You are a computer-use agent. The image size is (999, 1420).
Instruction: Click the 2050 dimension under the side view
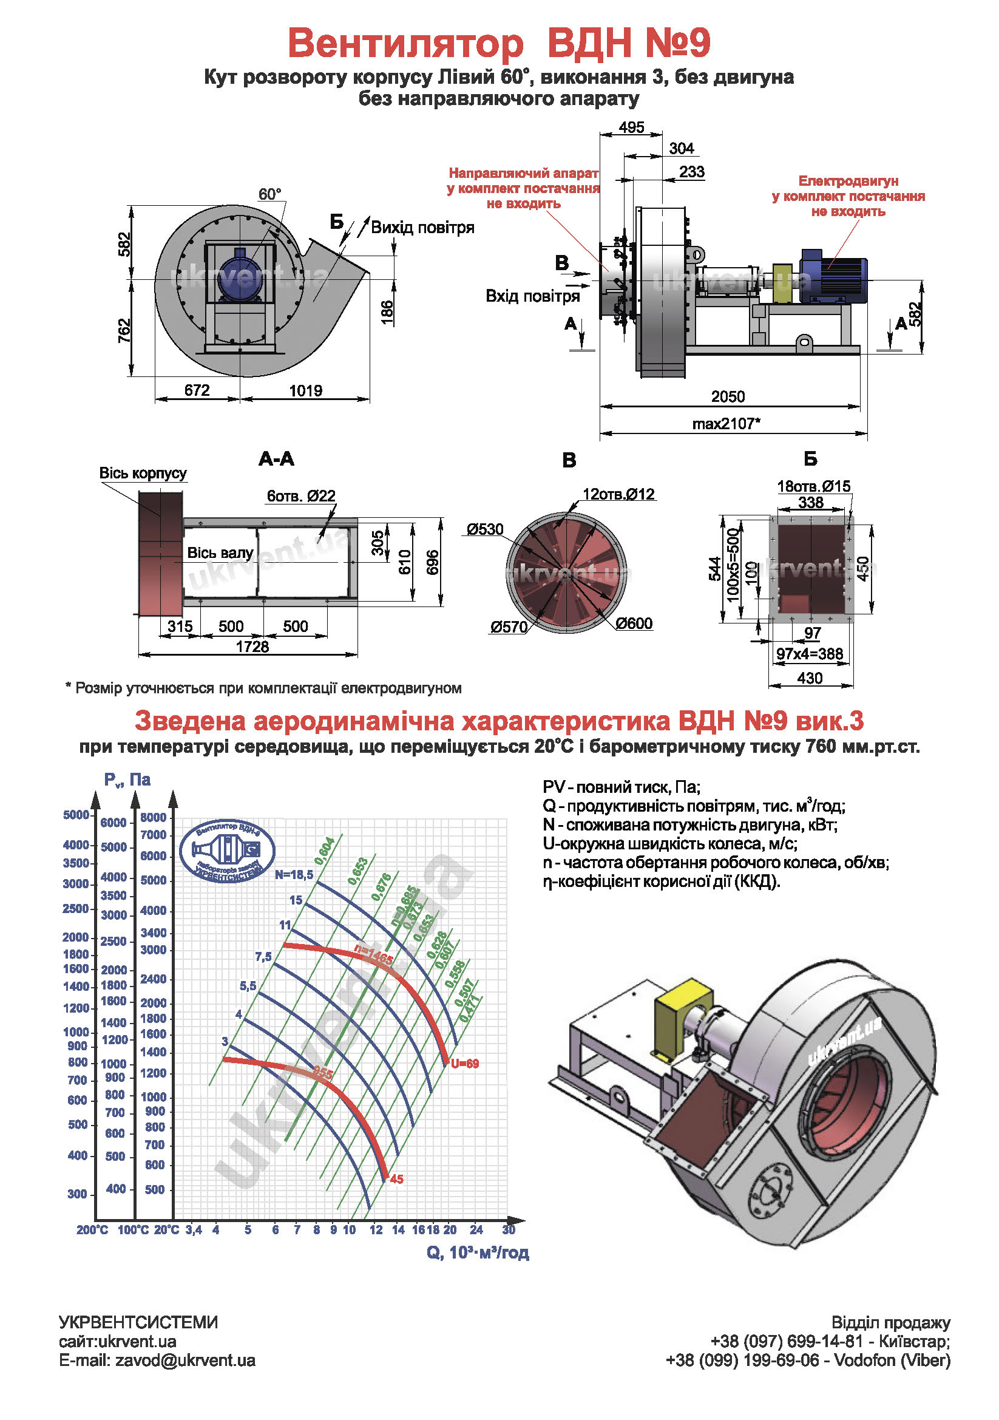click(x=727, y=396)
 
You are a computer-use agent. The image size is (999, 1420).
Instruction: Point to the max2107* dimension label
click(x=726, y=424)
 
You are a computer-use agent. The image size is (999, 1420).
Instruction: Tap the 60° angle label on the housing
click(x=269, y=194)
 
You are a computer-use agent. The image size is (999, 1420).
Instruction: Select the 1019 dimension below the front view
click(x=305, y=391)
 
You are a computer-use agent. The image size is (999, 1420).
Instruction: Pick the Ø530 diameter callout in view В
click(x=486, y=529)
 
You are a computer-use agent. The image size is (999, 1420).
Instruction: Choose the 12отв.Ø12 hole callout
click(x=618, y=494)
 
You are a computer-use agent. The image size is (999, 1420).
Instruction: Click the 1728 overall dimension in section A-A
click(x=252, y=647)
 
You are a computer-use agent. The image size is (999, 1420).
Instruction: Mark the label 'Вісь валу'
click(x=220, y=553)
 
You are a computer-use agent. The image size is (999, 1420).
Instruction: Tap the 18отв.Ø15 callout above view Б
click(x=813, y=486)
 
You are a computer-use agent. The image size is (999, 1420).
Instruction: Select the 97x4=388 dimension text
click(x=810, y=654)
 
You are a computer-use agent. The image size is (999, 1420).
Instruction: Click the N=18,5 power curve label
click(x=294, y=874)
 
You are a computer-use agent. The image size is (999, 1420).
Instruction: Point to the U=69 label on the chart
click(x=465, y=1064)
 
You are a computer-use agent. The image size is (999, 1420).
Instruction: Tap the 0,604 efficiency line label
click(x=325, y=851)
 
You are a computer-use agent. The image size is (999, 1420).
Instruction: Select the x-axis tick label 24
click(x=476, y=1230)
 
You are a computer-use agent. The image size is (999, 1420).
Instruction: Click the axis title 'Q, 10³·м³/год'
click(x=477, y=1252)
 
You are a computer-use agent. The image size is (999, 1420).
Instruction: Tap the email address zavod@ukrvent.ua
click(x=185, y=1361)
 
